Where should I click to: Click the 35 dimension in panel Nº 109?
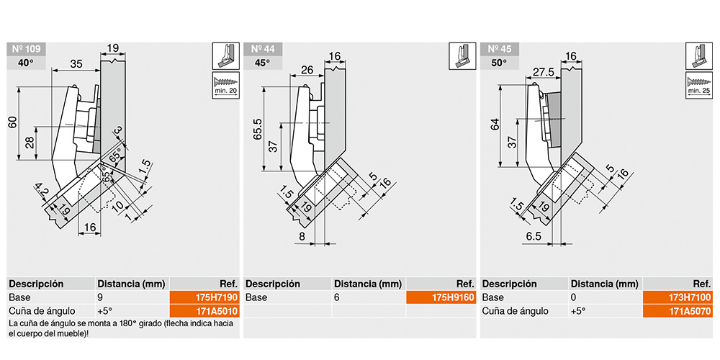pos(76,64)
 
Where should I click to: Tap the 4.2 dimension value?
pos(42,189)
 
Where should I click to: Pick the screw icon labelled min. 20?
pos(226,85)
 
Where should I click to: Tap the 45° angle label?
pos(262,63)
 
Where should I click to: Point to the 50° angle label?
pos(499,63)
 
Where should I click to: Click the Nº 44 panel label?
pos(262,49)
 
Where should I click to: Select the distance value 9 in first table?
pos(99,297)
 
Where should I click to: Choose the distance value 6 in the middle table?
pos(336,297)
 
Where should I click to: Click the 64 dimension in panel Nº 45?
pos(495,125)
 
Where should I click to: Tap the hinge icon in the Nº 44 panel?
pos(462,56)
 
